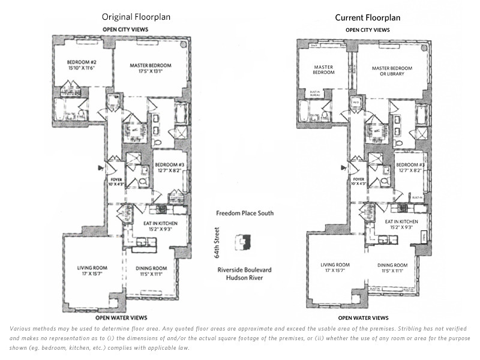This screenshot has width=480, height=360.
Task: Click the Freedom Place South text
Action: coord(245,214)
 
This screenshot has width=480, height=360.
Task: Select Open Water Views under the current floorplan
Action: coord(363,318)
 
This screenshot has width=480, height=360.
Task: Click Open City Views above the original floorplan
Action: coord(126,29)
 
